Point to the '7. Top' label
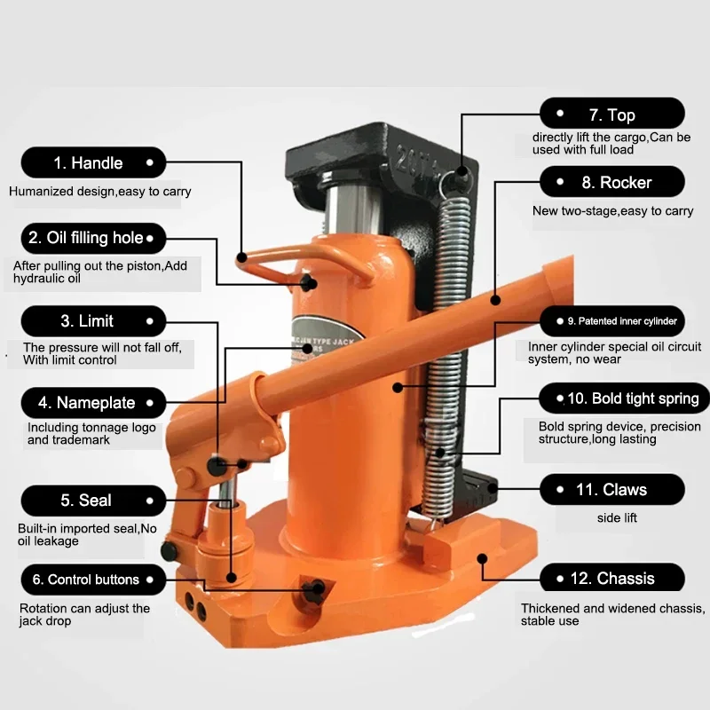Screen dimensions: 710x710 tap(612, 114)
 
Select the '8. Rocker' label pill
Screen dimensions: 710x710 tap(612, 183)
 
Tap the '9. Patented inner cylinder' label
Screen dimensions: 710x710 tap(612, 320)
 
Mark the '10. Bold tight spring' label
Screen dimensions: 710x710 tap(612, 398)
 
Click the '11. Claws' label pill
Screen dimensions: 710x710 tap(612, 490)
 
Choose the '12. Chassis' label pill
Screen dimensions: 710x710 tap(612, 579)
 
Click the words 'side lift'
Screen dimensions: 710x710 tap(618, 517)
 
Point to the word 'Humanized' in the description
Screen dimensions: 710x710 tap(41, 191)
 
